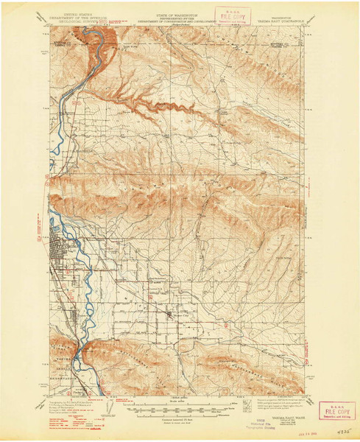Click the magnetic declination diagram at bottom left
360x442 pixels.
(43, 405)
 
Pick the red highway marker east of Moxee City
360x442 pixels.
(226, 324)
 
